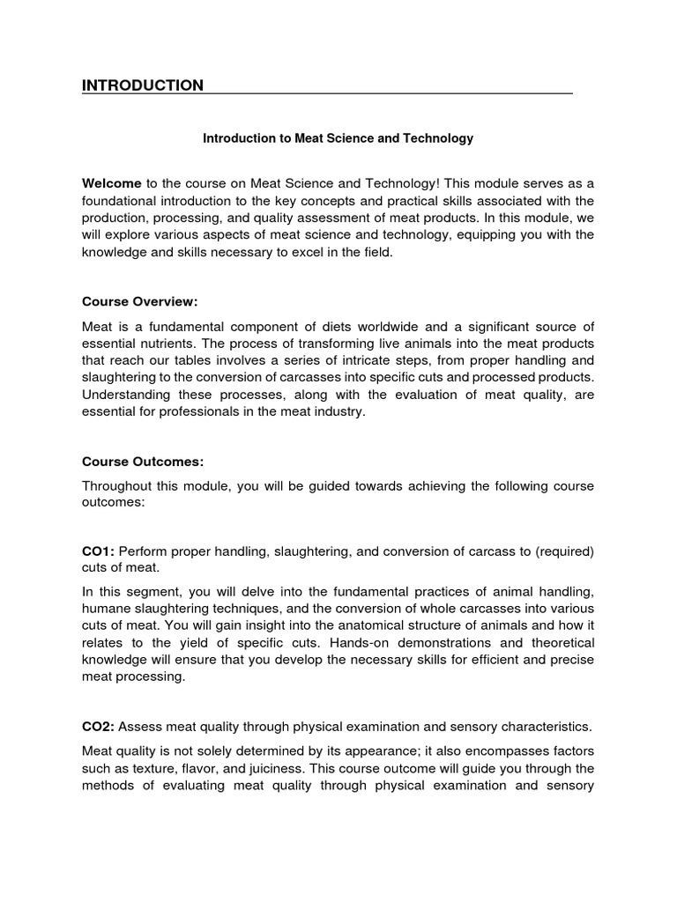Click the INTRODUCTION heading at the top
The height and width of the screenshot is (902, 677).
click(x=143, y=85)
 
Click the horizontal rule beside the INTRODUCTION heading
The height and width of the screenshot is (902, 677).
click(x=388, y=92)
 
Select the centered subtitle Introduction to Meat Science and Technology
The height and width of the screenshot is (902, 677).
click(x=338, y=138)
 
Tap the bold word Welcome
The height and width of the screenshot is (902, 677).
click(x=112, y=183)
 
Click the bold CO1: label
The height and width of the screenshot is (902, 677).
click(x=98, y=551)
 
